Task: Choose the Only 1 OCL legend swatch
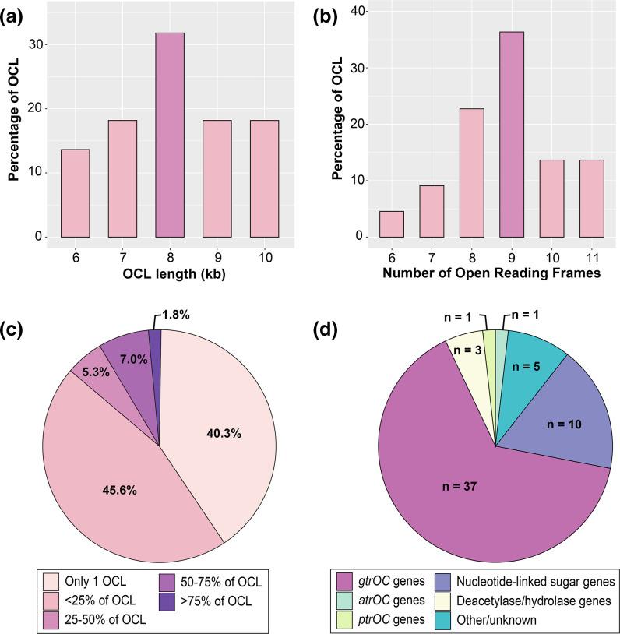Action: [x=51, y=580]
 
